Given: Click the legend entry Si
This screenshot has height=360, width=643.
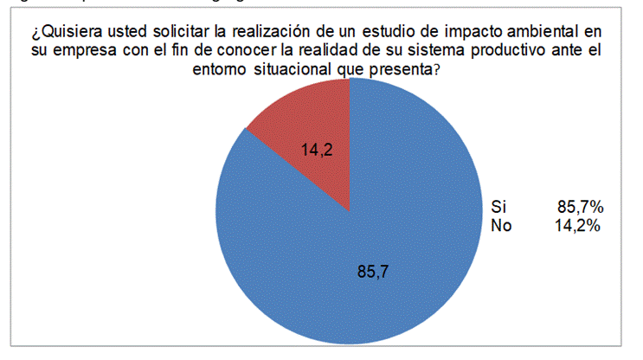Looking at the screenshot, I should click(498, 208).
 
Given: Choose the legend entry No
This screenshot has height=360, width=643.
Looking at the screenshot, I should click(499, 226).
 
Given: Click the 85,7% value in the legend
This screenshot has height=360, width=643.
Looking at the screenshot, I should click(580, 208).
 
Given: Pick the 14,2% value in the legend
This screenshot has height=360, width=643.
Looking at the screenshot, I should click(578, 226).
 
